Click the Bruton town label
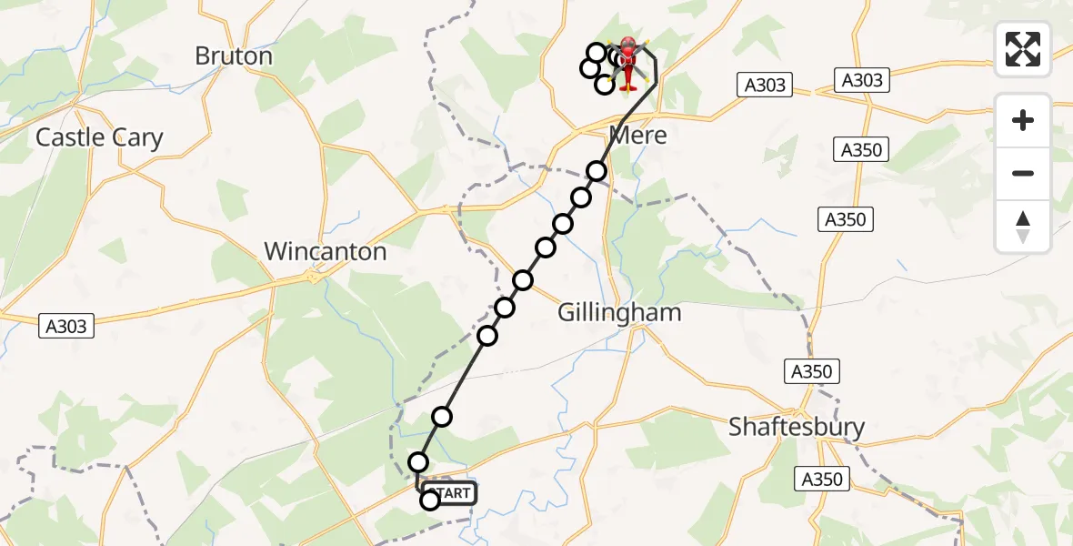point(234,56)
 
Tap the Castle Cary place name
point(99,138)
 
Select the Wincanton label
point(325,251)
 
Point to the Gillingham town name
point(619,313)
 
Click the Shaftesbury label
point(797,427)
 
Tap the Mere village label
point(637,136)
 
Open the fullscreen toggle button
point(1023,49)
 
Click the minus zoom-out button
point(1023,173)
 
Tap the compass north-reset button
point(1023,227)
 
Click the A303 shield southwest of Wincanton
point(67,325)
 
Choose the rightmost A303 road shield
point(862,80)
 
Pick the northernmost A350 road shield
point(861,149)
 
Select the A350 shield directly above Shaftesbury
point(809,371)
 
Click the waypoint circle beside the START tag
point(430,499)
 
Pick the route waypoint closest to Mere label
point(597,171)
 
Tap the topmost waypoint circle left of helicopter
point(597,53)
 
